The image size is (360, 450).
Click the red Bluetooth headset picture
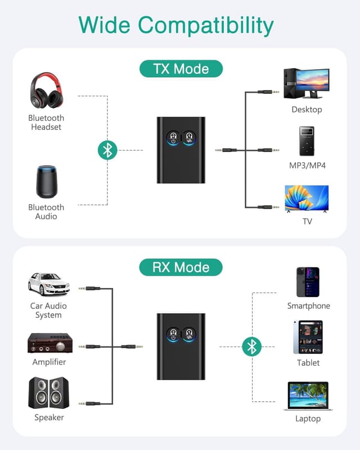point(46,91)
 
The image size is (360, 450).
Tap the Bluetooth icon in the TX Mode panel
point(107,150)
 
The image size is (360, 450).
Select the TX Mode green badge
point(181,69)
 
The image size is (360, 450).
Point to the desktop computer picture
point(307,83)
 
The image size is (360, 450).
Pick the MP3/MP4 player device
point(307,141)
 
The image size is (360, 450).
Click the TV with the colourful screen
point(307,199)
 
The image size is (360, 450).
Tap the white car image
point(48,284)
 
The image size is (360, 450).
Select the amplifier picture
point(49,343)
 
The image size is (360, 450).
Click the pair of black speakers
point(48,393)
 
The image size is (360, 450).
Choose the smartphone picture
point(308,282)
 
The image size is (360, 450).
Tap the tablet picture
point(308,337)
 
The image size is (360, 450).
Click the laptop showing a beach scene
point(308,396)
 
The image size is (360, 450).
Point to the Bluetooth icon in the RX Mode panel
point(251,346)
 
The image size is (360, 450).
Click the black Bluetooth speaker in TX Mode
point(46,182)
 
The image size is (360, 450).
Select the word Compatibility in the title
point(206,25)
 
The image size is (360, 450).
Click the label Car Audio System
point(48,310)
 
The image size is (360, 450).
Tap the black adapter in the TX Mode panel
point(181,150)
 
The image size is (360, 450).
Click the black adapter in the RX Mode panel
point(181,346)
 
